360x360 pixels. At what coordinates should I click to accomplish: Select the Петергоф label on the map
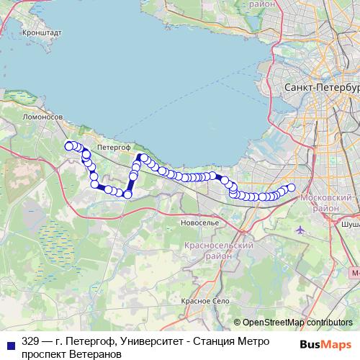[112, 145]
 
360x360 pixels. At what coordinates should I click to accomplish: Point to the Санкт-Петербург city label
[318, 86]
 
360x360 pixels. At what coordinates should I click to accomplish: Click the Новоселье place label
[201, 222]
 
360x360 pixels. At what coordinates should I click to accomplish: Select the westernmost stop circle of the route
[69, 146]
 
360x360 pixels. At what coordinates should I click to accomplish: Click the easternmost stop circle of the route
[292, 188]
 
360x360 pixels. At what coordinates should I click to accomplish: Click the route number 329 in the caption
[31, 341]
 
